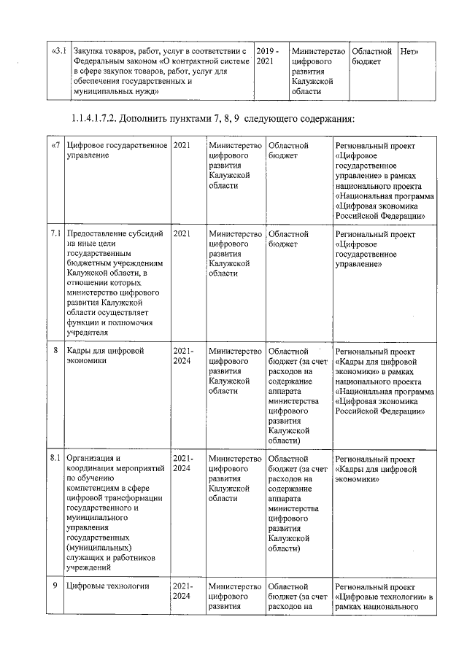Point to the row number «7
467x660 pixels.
coord(55,146)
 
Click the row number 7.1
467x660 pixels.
coord(55,234)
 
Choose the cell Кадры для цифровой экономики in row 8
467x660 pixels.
coord(105,356)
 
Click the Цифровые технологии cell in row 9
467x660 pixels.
coord(107,586)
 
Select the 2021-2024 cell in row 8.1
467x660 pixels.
coord(183,464)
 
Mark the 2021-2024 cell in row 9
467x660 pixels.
coord(183,591)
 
